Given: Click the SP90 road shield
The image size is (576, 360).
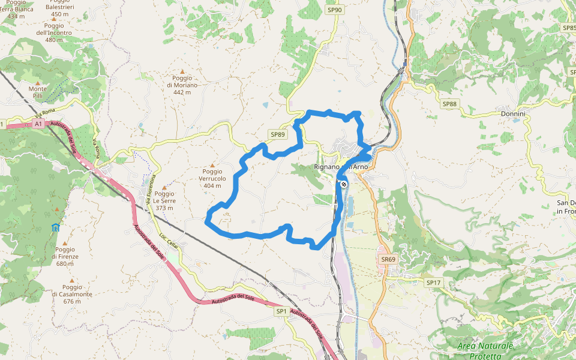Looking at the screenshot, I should (335, 10).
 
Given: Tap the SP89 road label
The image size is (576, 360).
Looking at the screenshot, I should (277, 134).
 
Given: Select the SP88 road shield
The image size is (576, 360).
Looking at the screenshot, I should (449, 104).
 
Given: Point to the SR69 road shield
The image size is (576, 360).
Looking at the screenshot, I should (388, 259).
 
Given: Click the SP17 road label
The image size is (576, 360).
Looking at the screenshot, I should (433, 282).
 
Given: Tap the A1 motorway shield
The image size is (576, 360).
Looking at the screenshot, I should (38, 124).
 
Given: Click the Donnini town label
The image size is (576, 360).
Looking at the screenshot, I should (513, 113).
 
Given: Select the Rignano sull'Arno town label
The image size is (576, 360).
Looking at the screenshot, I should (341, 167).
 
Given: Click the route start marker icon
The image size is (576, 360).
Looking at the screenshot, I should (344, 184).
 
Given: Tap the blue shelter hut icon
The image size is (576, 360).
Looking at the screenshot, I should (56, 227).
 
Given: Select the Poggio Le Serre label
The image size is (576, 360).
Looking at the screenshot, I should (164, 200).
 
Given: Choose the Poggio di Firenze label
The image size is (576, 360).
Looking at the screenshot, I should (65, 256).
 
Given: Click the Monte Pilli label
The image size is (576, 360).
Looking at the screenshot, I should (37, 92).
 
